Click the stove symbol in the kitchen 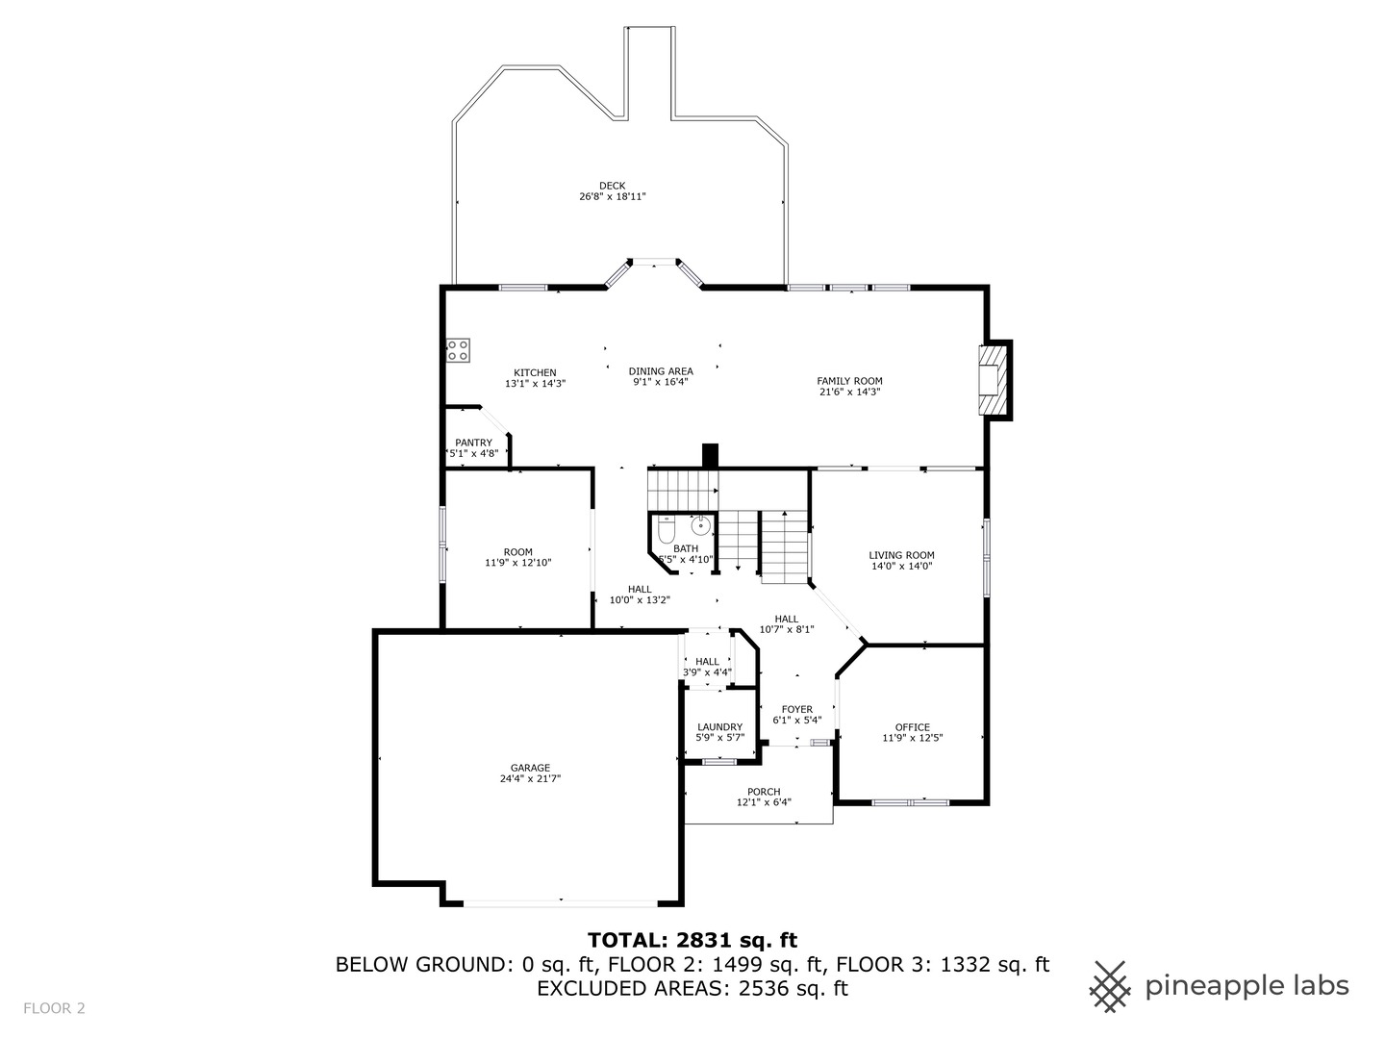click(458, 351)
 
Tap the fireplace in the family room click(991, 380)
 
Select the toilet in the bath click(666, 531)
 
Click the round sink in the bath click(702, 525)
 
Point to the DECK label click(612, 186)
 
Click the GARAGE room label click(530, 768)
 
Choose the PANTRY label click(473, 443)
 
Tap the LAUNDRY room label click(719, 727)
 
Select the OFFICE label click(912, 727)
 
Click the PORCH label click(764, 792)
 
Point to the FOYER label click(796, 709)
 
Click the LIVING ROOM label click(901, 555)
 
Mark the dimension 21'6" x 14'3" click(849, 393)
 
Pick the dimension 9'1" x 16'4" click(660, 382)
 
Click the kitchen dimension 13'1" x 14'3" click(535, 383)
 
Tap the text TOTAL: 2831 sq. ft click(692, 940)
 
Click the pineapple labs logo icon click(1110, 986)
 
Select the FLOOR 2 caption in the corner click(54, 1008)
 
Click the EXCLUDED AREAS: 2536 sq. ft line click(692, 988)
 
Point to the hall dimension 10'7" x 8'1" click(787, 630)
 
